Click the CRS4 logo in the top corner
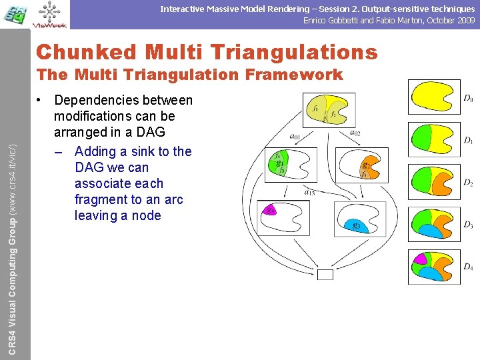click(x=15, y=14)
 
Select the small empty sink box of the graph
click(x=325, y=274)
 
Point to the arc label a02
click(x=355, y=133)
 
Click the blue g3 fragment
click(x=355, y=226)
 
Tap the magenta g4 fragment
click(x=270, y=211)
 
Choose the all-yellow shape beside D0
click(x=433, y=97)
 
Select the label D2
click(x=469, y=183)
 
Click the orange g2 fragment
click(x=365, y=165)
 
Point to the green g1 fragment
click(x=280, y=164)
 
